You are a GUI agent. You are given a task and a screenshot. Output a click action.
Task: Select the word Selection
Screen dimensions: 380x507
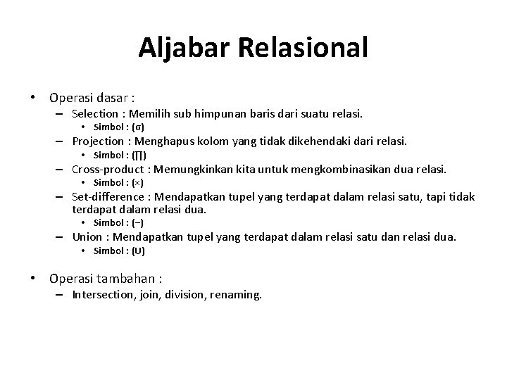(95, 113)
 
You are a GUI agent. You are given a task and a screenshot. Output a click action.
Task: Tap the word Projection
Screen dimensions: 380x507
(98, 141)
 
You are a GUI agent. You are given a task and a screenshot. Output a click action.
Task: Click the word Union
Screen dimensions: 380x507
(87, 237)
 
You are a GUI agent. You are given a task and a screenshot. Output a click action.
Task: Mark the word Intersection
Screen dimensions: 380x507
(102, 296)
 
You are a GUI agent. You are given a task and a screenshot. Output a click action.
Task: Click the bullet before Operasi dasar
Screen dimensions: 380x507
(33, 97)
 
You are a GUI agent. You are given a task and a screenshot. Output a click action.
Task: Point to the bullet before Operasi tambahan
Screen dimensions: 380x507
(33, 279)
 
